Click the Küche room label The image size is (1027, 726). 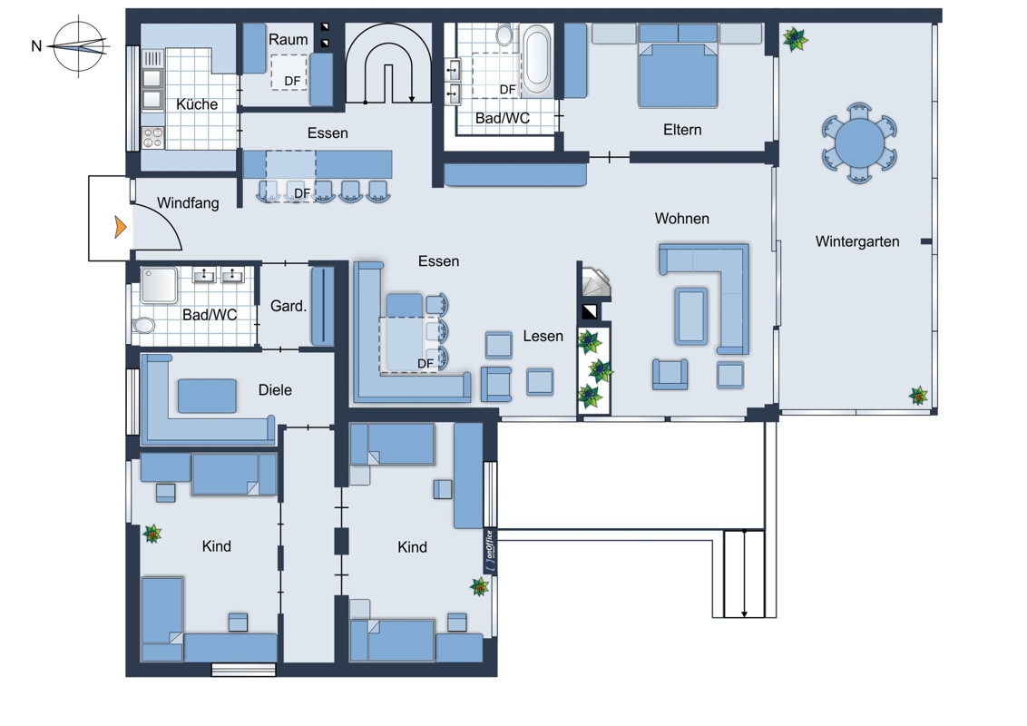(x=197, y=104)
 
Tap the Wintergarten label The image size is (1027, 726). (x=856, y=241)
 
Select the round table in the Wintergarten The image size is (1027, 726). (x=859, y=142)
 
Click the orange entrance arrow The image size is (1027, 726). (x=120, y=227)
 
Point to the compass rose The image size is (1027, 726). (x=79, y=46)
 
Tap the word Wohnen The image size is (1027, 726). (x=682, y=219)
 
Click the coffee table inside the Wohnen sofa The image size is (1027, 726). (x=691, y=316)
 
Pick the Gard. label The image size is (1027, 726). (x=289, y=306)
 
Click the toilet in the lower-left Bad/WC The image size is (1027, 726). (x=143, y=325)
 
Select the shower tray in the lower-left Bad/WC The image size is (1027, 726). (x=159, y=285)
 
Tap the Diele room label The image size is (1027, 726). (x=275, y=390)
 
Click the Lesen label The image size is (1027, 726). (x=543, y=336)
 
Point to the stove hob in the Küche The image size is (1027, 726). (x=153, y=138)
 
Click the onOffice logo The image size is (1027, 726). (x=490, y=551)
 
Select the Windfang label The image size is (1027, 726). (x=188, y=203)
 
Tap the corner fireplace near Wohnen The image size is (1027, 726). (x=595, y=282)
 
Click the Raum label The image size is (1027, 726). (x=289, y=39)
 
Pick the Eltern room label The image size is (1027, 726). (x=682, y=130)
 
